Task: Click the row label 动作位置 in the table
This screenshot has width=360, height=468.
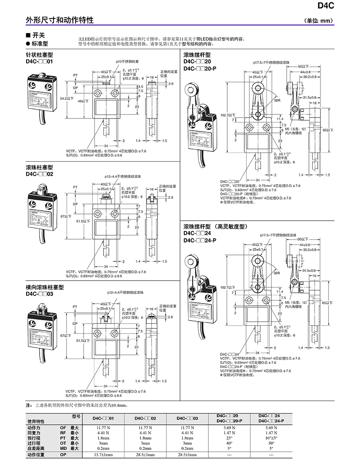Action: (37, 455)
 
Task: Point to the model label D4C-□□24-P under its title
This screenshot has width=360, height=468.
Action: (200, 241)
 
